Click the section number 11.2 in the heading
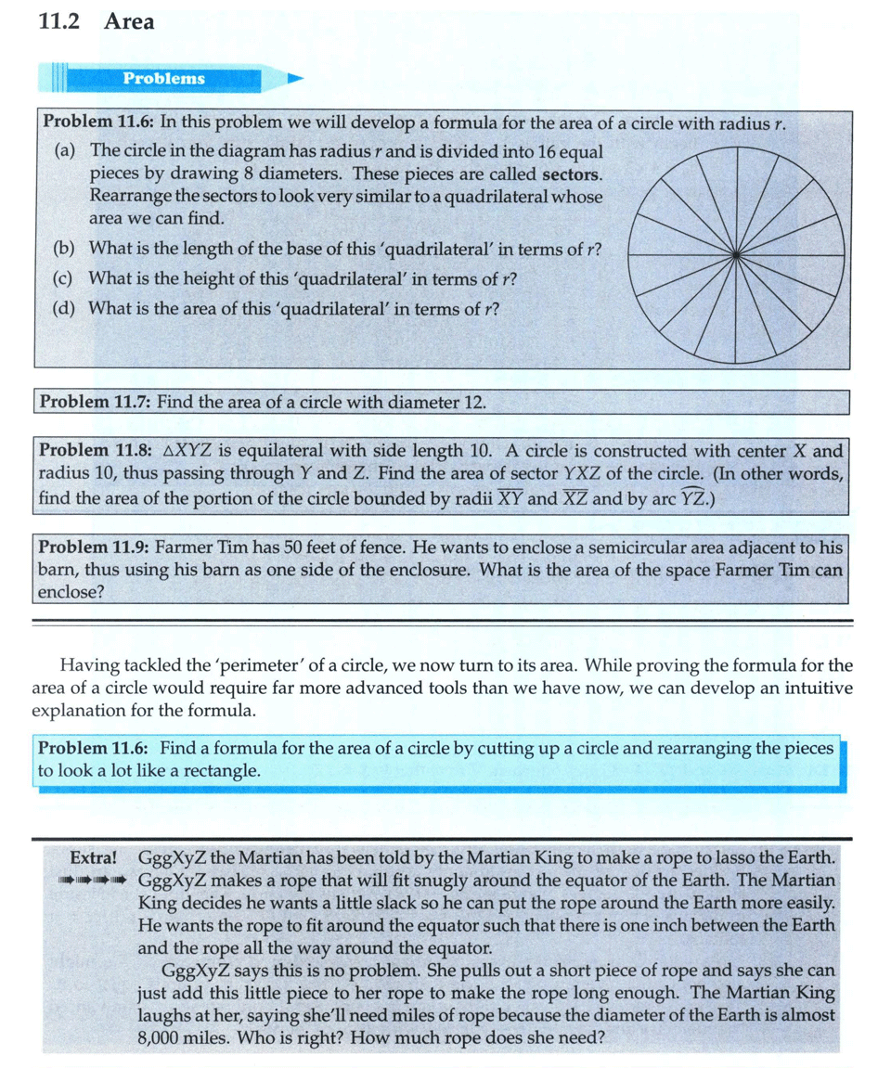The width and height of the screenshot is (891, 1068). tap(58, 21)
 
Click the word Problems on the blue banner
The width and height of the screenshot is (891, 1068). tap(164, 78)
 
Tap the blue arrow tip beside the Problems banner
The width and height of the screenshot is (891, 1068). tap(295, 79)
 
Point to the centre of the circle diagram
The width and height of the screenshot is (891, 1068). tap(735, 252)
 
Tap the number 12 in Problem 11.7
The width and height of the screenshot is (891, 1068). tap(474, 402)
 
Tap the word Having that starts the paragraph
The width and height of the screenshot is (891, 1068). tap(89, 665)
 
